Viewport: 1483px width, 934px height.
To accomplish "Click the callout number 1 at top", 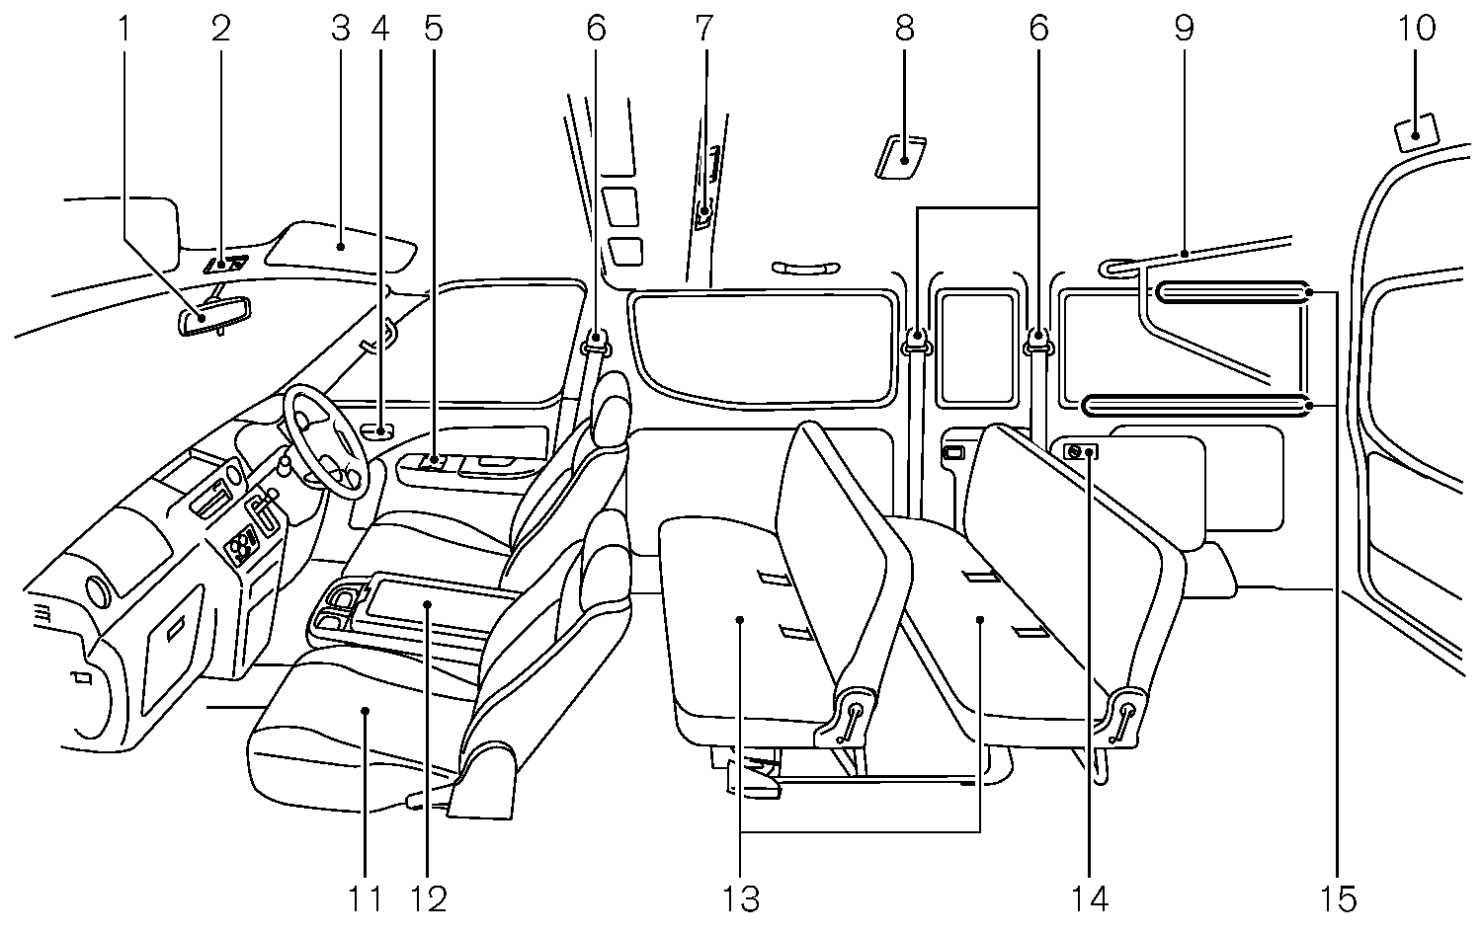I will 124,29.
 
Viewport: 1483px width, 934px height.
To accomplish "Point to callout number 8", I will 905,29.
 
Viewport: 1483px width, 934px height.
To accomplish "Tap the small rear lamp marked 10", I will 1416,131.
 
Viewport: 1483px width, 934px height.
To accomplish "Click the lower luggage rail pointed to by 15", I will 1196,405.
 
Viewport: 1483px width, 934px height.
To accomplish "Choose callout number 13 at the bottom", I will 741,898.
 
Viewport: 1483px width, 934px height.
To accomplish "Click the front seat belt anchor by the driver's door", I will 596,342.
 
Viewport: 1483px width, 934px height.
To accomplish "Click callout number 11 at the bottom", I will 365,898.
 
